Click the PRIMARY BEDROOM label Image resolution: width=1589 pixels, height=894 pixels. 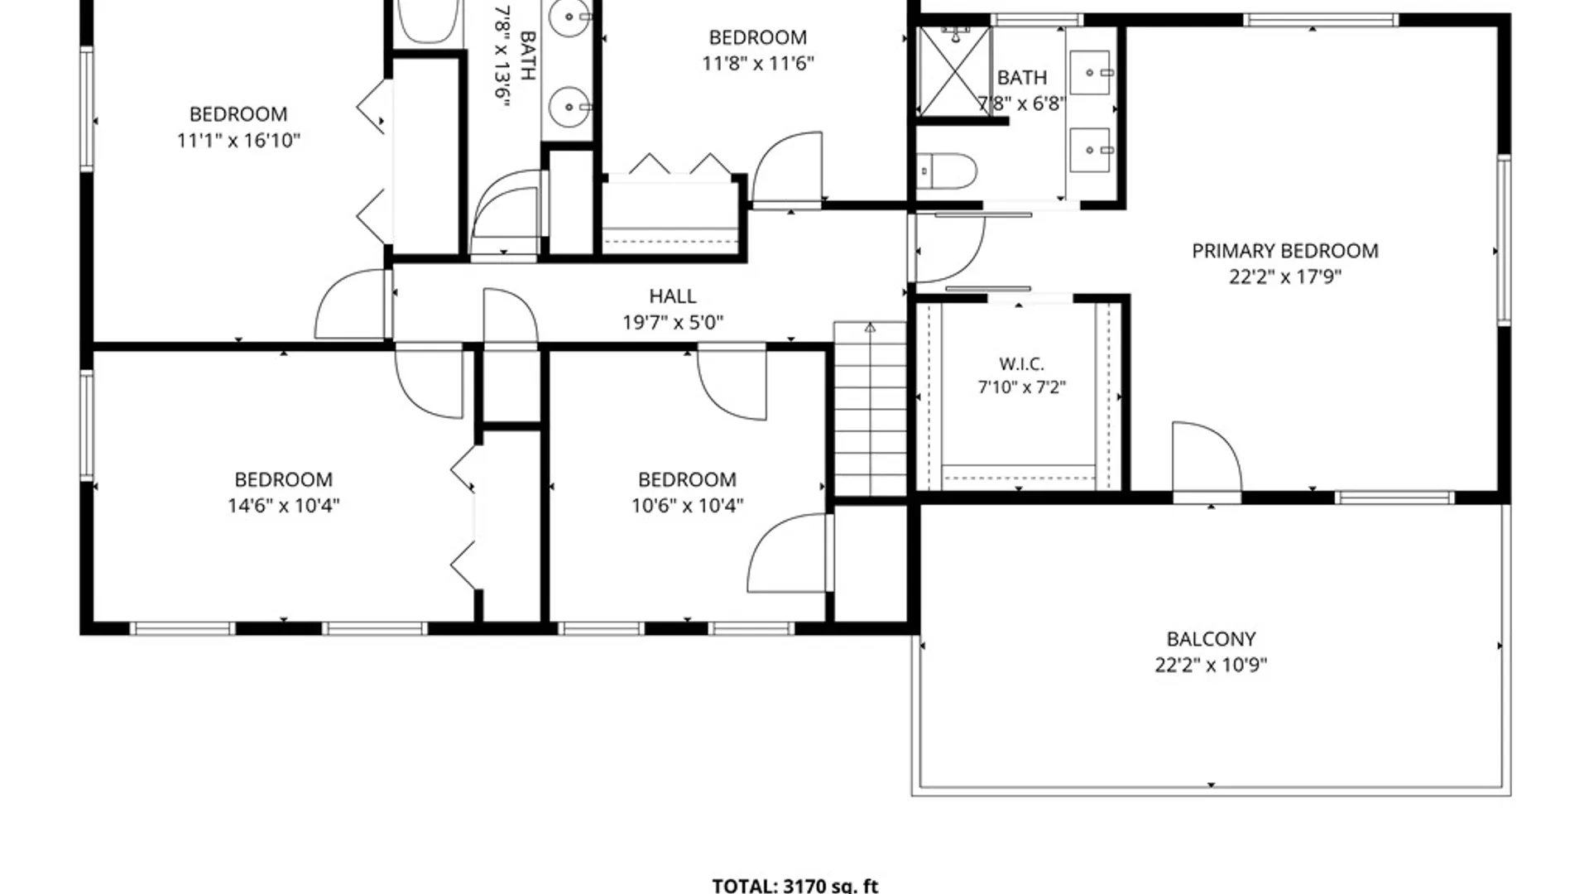1284,251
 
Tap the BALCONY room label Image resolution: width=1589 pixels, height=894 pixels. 1211,639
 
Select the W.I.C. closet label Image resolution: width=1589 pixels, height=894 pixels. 1021,364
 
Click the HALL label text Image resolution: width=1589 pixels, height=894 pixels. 672,296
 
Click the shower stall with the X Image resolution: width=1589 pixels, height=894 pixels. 954,72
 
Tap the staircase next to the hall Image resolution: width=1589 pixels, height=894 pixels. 870,409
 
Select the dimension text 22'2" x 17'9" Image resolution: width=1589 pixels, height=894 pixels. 1284,276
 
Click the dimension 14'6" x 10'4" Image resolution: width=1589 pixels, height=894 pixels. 284,506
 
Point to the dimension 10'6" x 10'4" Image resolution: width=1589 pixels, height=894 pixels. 687,506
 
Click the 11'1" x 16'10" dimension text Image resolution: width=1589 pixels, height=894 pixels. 238,141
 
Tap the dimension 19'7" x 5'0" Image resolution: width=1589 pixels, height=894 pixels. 673,322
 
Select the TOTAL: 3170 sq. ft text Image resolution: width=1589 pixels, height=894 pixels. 794,885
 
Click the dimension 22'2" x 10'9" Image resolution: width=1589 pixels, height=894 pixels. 1211,665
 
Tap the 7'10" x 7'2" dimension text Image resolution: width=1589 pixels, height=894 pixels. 1021,387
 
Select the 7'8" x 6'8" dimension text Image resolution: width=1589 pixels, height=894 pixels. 1021,103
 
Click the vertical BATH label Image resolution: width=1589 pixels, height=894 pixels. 527,55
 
